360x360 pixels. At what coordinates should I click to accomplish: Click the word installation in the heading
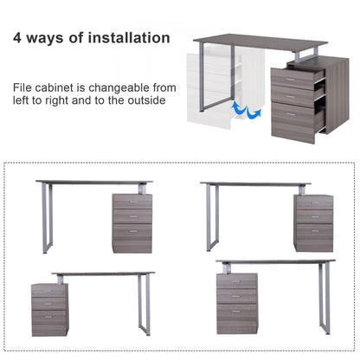click(x=129, y=38)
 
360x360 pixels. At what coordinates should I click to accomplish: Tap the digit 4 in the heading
click(x=17, y=38)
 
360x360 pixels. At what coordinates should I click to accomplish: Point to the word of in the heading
click(x=75, y=38)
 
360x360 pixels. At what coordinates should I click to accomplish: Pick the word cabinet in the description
click(x=52, y=87)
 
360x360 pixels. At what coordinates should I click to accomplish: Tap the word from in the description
click(x=164, y=87)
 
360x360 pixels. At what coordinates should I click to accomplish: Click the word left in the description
click(x=21, y=100)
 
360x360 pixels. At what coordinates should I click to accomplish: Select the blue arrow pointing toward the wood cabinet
click(x=254, y=112)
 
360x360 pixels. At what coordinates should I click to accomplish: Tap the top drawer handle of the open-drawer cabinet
click(x=290, y=79)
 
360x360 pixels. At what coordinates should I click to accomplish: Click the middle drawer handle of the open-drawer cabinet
click(x=290, y=97)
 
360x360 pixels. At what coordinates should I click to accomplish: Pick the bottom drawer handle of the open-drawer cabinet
click(x=291, y=114)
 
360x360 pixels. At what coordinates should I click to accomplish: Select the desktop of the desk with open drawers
click(x=260, y=42)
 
